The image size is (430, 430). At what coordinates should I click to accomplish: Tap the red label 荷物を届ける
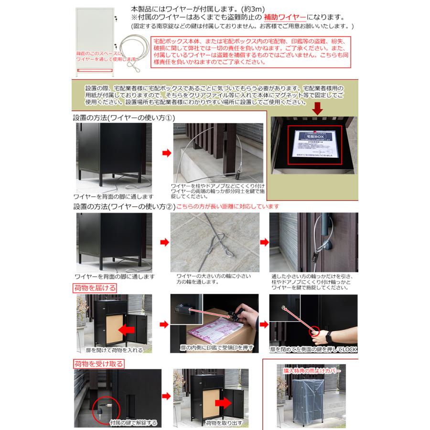[x=95, y=288]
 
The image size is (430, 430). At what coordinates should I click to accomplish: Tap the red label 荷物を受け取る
[x=98, y=364]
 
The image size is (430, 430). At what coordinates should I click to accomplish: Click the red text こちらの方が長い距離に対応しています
[x=228, y=206]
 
